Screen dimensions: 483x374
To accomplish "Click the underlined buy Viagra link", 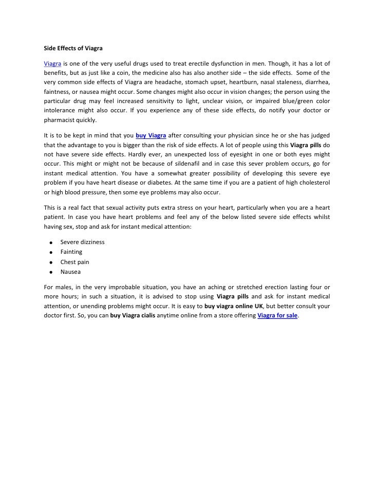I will [x=151, y=135].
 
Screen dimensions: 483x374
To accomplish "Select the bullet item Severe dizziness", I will [x=82, y=241].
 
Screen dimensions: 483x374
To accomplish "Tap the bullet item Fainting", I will [x=71, y=252].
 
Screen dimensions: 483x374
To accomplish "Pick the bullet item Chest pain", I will [x=74, y=261].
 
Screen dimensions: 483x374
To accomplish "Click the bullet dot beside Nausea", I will [x=52, y=272].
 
